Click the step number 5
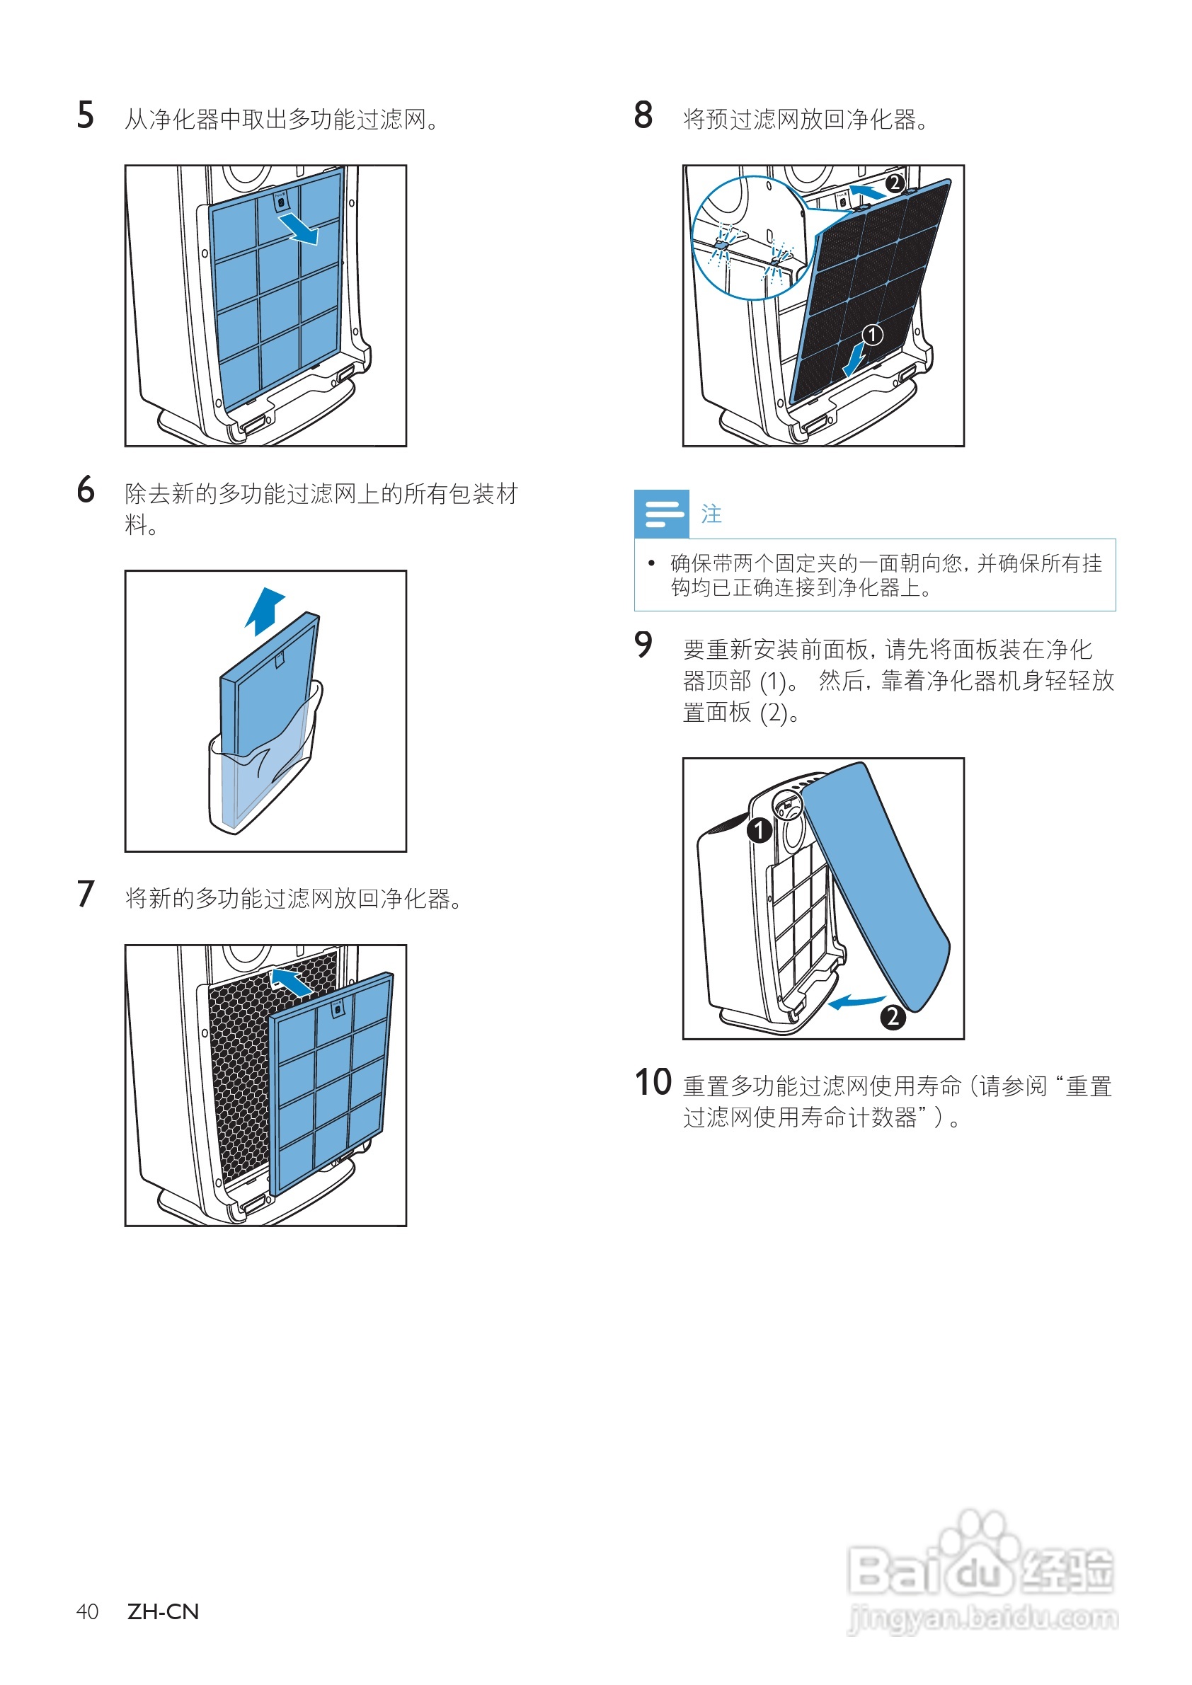pos(85,116)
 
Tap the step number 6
pos(85,490)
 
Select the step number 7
pos(85,895)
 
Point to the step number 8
pos(643,116)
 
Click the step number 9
pos(643,645)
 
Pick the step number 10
pos(653,1083)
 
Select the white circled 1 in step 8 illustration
pos(872,335)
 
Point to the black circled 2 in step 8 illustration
pos(894,183)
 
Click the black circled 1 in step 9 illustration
pos(759,830)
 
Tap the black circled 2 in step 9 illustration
pos(893,1017)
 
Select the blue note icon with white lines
pos(661,514)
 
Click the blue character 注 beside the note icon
pos(711,514)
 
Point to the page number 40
pos(87,1611)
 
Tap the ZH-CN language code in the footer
pos(163,1611)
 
